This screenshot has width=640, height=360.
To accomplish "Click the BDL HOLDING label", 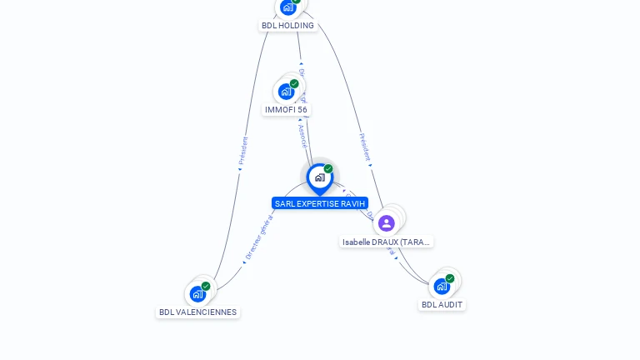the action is pos(287,25).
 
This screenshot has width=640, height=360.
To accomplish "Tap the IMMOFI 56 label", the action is pos(286,110).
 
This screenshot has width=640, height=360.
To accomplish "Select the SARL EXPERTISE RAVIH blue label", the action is pos(319,203).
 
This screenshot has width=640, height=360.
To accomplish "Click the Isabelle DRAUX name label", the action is pos(387,242).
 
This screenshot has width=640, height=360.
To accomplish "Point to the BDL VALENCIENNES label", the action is pos(197,312).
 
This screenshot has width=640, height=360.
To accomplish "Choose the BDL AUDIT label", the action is pos(442,305).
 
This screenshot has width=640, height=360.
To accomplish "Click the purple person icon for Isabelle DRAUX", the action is pos(386,222).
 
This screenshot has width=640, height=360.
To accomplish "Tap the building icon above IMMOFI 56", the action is pos(286,91).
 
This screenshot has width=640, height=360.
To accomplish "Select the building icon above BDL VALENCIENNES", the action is pos(197,293).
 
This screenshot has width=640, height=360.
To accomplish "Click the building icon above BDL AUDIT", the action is pos(442,286).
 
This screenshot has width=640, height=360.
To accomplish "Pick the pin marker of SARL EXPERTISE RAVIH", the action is pos(319,177).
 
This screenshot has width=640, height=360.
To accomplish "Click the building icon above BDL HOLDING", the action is pos(287,7).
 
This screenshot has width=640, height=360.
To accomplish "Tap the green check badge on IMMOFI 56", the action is pos(294,83).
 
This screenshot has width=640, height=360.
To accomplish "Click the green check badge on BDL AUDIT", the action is pos(450,278).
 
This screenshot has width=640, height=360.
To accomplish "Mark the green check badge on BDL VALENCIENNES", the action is pos(206,286).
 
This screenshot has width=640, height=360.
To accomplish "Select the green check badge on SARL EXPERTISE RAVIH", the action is pos(328,168).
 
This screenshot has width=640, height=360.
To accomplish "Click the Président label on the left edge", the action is pos(243,150).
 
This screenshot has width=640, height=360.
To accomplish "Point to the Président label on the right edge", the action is pos(364,146).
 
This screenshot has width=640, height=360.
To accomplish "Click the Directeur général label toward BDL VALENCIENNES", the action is pos(258,236).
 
